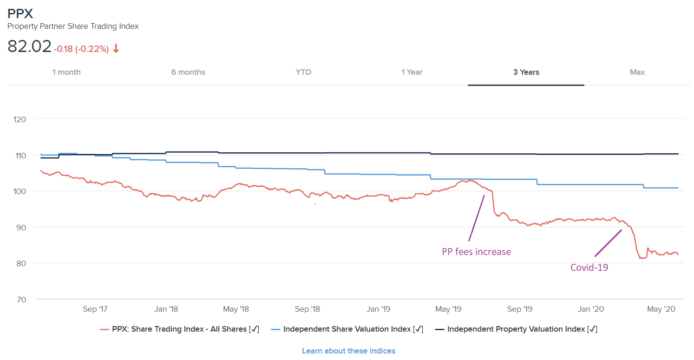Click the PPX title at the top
[x=20, y=13]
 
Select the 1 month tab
[x=66, y=72]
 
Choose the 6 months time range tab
[x=188, y=72]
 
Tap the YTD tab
[x=303, y=72]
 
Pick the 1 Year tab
[x=412, y=72]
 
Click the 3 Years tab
[x=526, y=72]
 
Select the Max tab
[x=637, y=72]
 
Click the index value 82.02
[x=29, y=46]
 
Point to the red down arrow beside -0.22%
[x=116, y=49]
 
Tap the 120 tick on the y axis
[x=20, y=119]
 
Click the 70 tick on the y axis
[x=21, y=299]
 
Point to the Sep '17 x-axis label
[x=96, y=309]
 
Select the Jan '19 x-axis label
[x=379, y=309]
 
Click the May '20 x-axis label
[x=661, y=309]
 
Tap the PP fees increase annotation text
[x=476, y=252]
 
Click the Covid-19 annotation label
[x=589, y=267]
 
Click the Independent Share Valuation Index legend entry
[x=347, y=329]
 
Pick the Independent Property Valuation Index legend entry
[x=516, y=329]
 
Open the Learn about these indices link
[x=348, y=351]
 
